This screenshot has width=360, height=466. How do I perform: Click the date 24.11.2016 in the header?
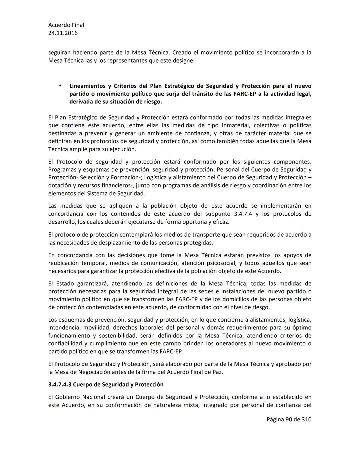tap(63, 33)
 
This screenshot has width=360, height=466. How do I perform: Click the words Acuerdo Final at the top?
tap(66, 25)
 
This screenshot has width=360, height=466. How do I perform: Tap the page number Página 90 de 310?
tap(289, 419)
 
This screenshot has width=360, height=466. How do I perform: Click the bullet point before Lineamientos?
tap(60, 86)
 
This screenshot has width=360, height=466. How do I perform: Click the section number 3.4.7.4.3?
tap(60, 384)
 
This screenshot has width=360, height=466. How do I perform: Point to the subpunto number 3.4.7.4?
tap(243, 214)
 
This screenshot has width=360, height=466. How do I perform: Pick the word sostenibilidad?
tap(115, 335)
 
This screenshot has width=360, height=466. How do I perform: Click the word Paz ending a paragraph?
tap(217, 372)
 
